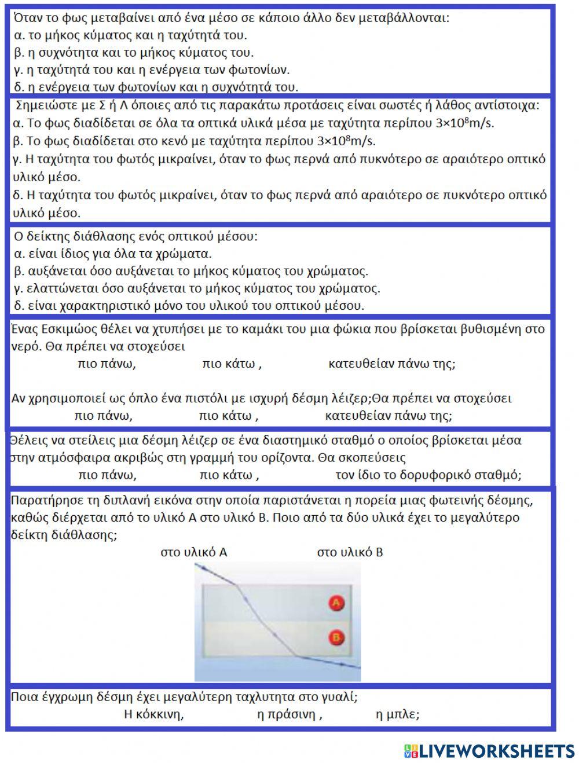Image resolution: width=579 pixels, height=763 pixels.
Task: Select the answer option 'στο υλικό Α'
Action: point(194,552)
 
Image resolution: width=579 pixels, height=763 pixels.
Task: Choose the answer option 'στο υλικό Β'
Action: point(350,552)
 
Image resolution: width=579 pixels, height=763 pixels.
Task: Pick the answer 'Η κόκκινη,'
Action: point(154,714)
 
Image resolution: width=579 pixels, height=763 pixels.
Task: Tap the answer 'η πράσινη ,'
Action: point(289,714)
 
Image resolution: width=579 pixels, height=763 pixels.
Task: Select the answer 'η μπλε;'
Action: point(398,714)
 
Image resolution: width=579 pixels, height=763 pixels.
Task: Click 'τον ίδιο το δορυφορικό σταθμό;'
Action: point(428,475)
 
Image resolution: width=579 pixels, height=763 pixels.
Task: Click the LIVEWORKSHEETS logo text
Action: point(496,751)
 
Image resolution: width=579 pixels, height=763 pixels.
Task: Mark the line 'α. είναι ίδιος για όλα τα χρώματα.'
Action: point(112,254)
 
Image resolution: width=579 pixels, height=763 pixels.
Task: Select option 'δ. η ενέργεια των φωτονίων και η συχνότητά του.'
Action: point(156,87)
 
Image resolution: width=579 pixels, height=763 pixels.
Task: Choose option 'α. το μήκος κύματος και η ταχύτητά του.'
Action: point(130,35)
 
